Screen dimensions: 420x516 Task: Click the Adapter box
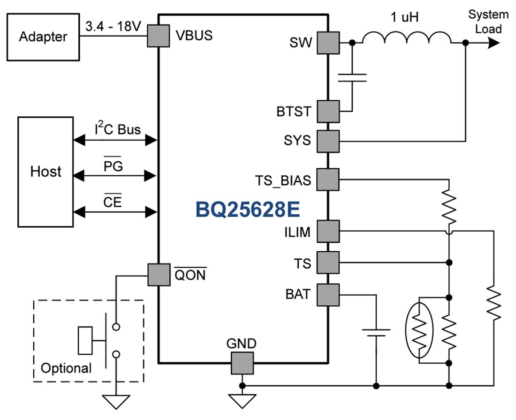43,37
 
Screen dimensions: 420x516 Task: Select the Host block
46,172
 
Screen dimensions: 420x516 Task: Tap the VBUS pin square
159,36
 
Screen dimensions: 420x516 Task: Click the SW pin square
327,43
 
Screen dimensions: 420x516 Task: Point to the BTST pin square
327,112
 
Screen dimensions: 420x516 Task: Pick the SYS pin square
327,141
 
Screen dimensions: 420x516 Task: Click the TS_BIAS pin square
327,179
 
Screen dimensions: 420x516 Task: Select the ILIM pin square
327,231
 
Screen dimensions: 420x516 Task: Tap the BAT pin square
327,295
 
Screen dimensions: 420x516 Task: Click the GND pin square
242,363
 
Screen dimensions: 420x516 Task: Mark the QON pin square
159,275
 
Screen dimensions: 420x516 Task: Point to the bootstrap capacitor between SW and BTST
352,77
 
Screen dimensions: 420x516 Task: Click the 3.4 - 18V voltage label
113,27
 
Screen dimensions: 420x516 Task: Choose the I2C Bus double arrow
115,140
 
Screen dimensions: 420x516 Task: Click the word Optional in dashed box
66,368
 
